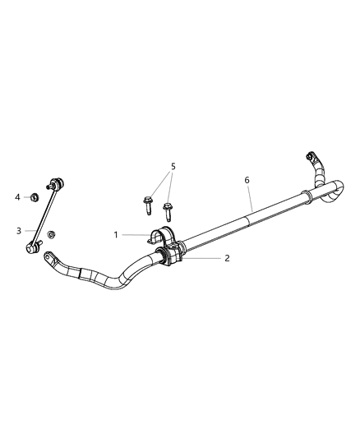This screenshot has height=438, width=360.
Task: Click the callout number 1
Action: pyautogui.click(x=116, y=234)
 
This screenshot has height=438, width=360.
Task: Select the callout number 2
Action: pyautogui.click(x=227, y=257)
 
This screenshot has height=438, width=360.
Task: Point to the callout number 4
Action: pyautogui.click(x=17, y=196)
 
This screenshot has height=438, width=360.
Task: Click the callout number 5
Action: pyautogui.click(x=173, y=167)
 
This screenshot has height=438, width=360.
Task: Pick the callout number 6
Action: pyautogui.click(x=247, y=178)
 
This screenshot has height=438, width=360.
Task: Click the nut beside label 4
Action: pyautogui.click(x=33, y=197)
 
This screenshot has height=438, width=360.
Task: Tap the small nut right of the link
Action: pyautogui.click(x=50, y=235)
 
